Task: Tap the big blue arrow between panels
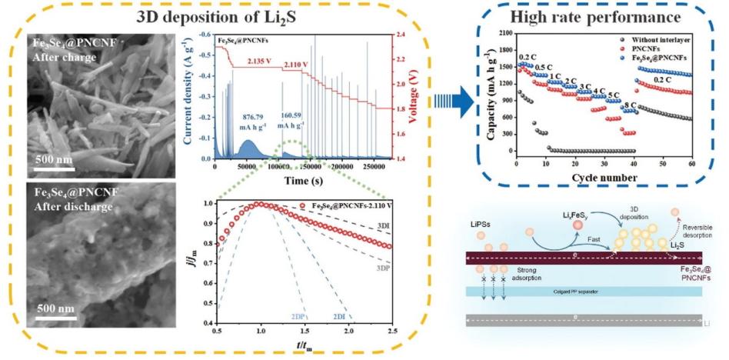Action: [x=453, y=101]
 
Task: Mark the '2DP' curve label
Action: [x=298, y=317]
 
